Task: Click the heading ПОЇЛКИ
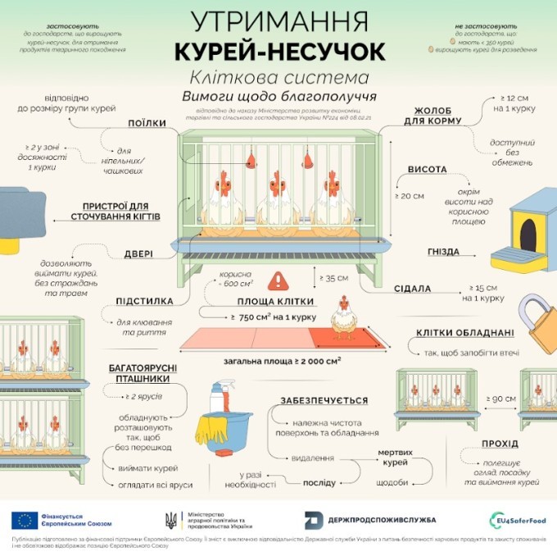coord(147,123)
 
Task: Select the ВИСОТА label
coord(427,170)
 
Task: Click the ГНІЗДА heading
coord(443,252)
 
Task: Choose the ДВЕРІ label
coord(139,253)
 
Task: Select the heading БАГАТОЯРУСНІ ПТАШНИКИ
coord(139,374)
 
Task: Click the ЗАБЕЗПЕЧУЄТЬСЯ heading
coord(324,401)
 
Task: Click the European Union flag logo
coord(23,519)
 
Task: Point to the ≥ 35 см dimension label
coord(334,278)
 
